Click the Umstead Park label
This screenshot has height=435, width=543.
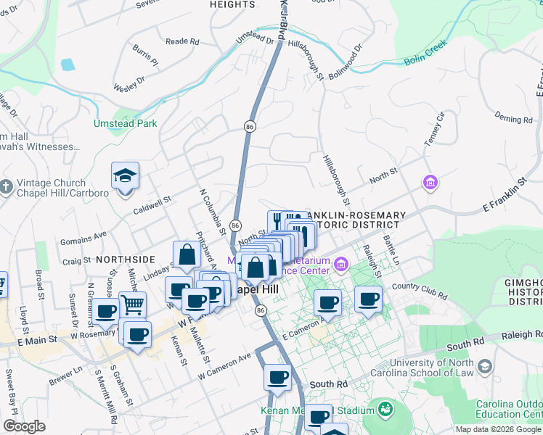click(125, 123)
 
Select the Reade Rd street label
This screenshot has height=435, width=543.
click(182, 42)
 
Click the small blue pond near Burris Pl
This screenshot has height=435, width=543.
click(68, 65)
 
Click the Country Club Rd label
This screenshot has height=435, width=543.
click(420, 289)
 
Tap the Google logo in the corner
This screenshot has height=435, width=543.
click(24, 426)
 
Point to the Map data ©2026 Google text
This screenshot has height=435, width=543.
click(499, 429)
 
